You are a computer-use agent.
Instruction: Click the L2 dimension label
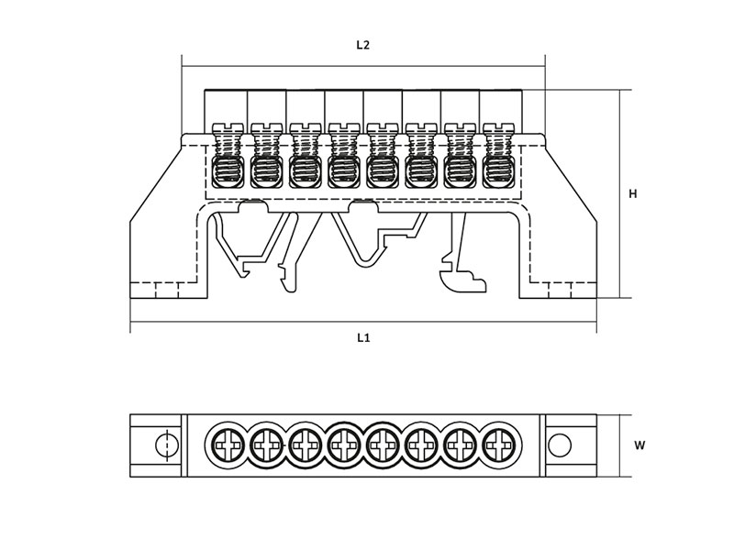tap(362, 45)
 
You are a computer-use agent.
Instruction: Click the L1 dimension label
tap(363, 337)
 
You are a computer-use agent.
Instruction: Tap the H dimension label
tap(632, 193)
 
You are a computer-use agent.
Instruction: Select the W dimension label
tap(639, 445)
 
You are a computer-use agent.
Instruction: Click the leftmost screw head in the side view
tap(228, 127)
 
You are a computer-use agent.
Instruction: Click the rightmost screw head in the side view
tap(498, 127)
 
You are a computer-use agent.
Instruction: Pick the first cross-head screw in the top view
tap(228, 445)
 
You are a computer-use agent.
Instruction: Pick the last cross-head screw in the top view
tap(498, 445)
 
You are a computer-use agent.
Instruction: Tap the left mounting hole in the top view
tap(167, 445)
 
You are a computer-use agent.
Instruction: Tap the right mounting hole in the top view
tap(560, 445)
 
